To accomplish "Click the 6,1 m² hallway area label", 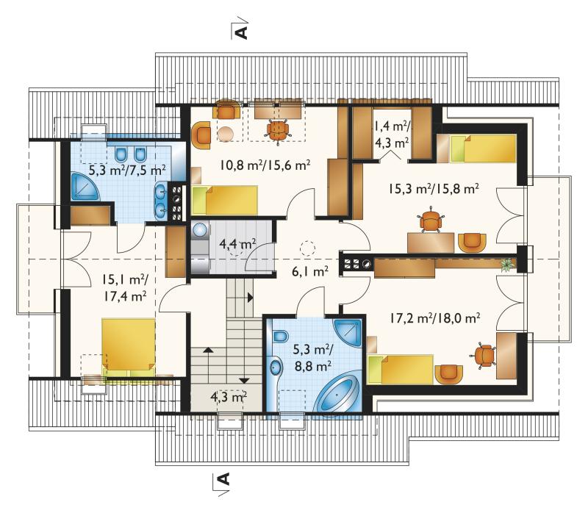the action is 310,271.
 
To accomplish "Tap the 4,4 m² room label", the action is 237,244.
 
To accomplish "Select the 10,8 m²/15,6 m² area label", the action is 265,165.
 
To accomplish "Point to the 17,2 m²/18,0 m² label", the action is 434,318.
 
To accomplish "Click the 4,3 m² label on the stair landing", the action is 228,396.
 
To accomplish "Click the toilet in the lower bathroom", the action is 280,336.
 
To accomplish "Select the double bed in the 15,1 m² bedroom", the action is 129,347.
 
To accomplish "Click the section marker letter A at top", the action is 243,32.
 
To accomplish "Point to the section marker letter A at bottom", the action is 224,479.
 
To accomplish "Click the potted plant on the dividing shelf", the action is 507,264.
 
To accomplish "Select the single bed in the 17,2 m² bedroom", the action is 401,370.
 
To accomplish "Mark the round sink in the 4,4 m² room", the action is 200,229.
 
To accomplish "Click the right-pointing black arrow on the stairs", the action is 250,298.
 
